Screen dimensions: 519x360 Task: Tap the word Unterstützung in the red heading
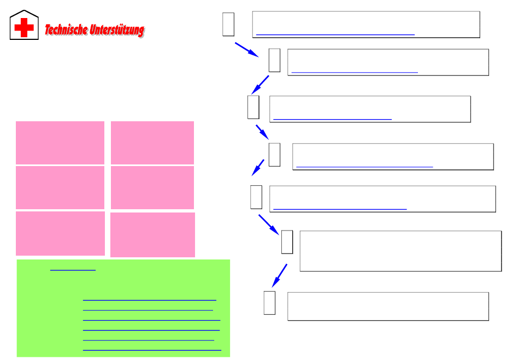117,30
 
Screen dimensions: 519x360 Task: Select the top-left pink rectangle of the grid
60,142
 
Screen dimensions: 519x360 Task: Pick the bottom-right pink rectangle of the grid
152,234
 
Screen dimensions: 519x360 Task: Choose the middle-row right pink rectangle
152,187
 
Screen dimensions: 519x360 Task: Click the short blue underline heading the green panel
73,270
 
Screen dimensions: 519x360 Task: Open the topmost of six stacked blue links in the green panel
149,300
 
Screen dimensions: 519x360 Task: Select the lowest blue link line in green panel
152,349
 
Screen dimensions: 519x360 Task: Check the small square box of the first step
228,24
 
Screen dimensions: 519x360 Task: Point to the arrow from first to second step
246,49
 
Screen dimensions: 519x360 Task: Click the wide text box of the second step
388,62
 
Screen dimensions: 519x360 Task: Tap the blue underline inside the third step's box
332,119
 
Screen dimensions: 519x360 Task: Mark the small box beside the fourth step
274,155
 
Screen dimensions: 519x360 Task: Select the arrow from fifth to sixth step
269,224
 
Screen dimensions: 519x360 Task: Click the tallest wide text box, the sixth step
400,251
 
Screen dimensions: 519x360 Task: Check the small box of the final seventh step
269,303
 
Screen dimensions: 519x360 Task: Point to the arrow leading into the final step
280,275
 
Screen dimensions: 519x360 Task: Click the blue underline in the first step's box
335,34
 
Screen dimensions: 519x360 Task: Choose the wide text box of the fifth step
382,198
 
